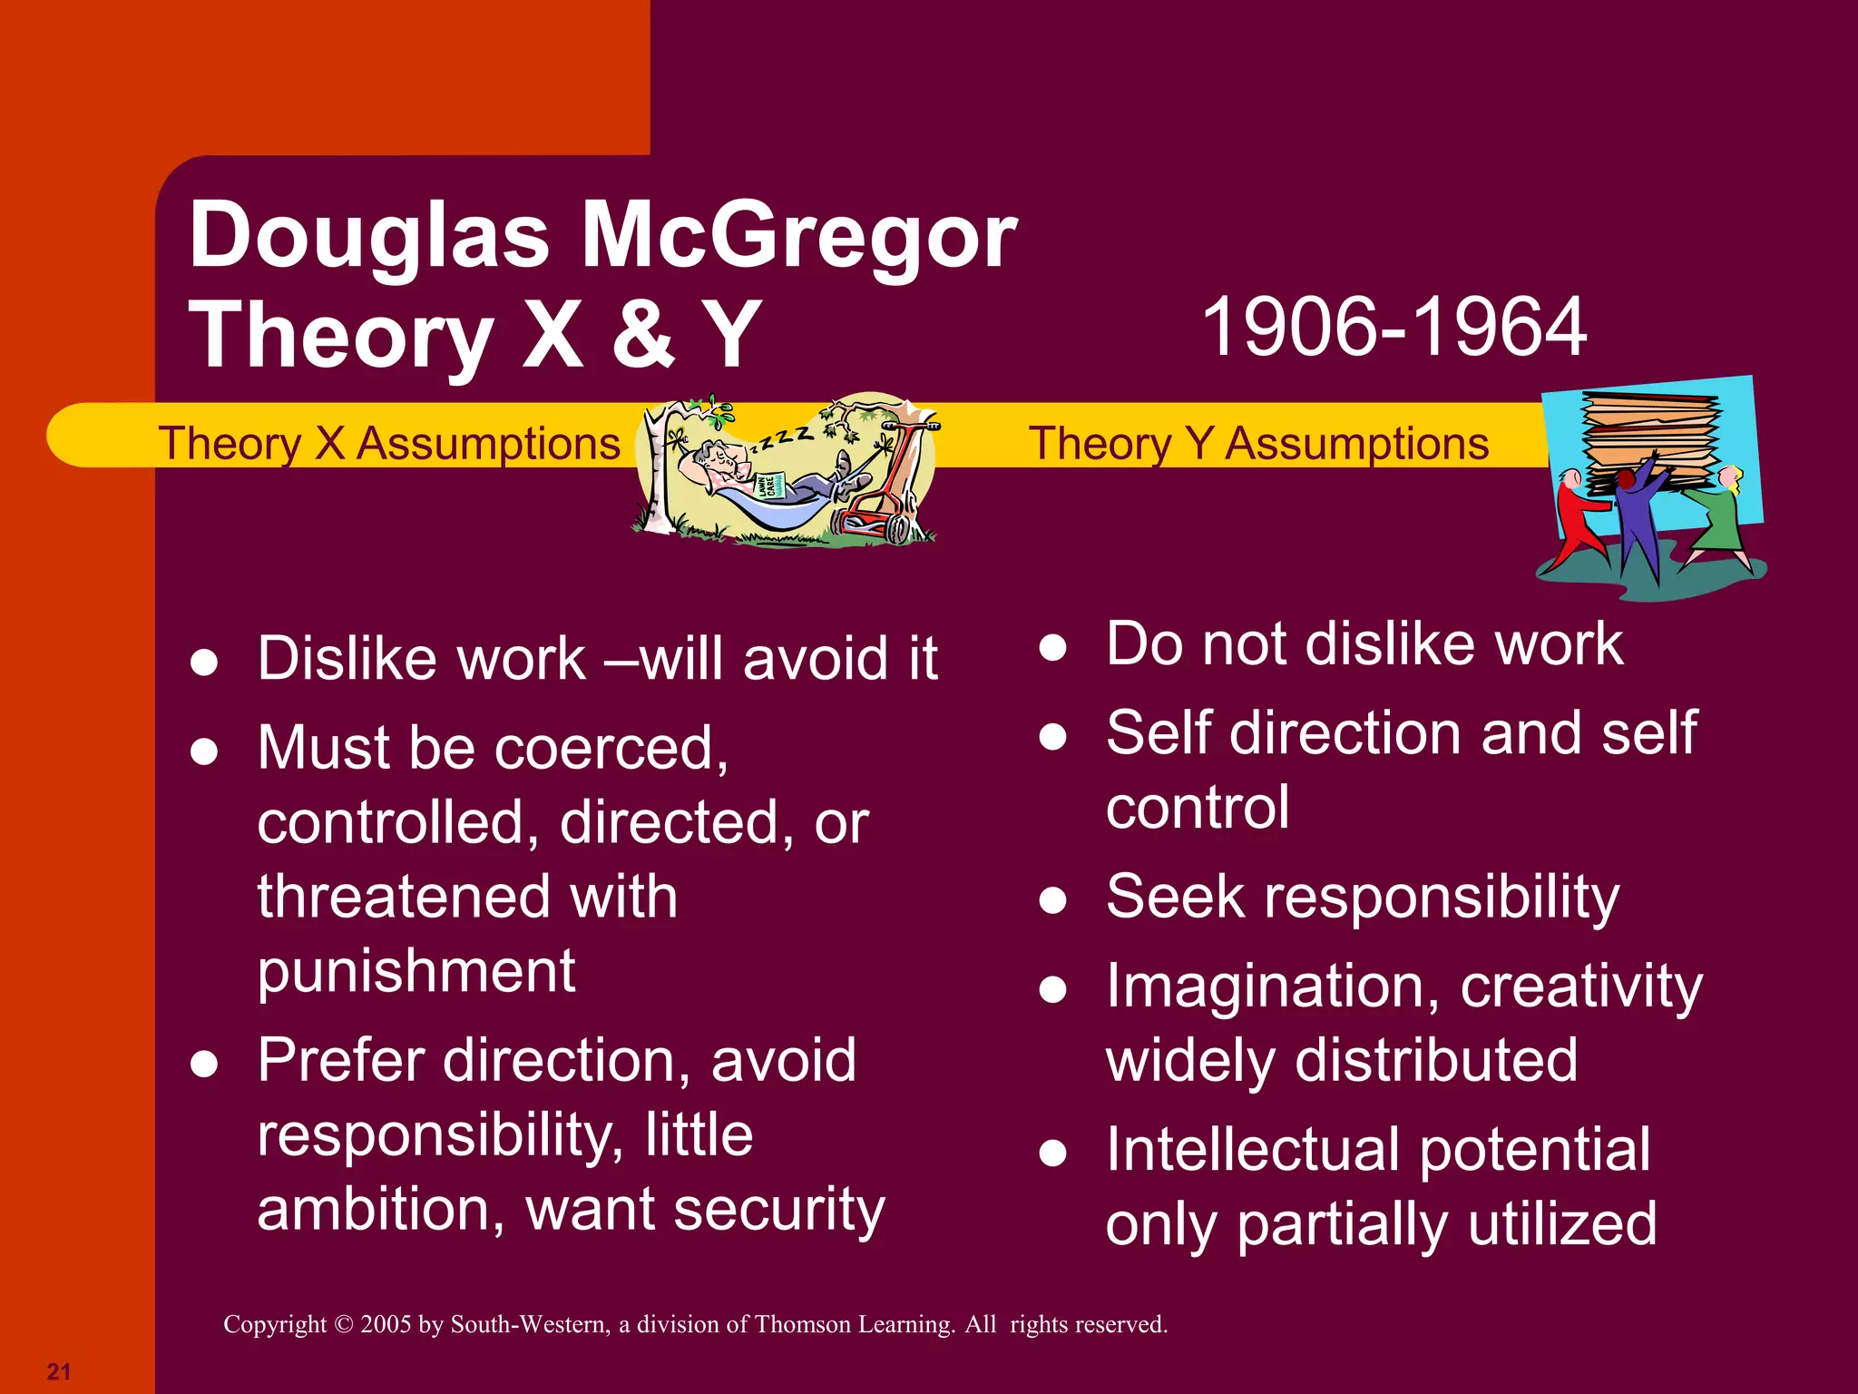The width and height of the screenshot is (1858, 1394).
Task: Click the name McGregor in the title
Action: coord(798,236)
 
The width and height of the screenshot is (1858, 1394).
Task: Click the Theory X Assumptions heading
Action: coord(390,444)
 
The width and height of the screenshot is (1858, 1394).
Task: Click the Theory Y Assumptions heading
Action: coord(1258,444)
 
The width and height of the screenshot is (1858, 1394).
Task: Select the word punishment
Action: coord(416,971)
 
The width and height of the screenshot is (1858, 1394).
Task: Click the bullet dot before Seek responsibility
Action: coord(1052,900)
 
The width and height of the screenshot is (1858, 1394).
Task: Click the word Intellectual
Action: coord(1252,1150)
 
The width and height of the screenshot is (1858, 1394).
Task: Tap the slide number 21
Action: coord(59,1370)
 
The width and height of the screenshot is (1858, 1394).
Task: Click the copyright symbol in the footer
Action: coord(343,1325)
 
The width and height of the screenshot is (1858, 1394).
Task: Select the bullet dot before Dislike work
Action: coord(204,662)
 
